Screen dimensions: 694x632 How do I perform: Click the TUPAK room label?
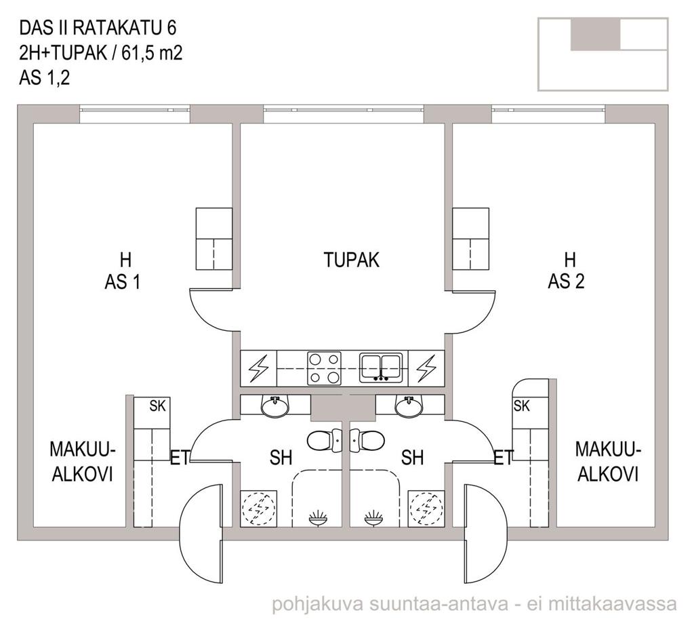(x=352, y=260)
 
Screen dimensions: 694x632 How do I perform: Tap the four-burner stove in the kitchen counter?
(x=325, y=368)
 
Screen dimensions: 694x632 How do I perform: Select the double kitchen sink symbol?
(x=381, y=368)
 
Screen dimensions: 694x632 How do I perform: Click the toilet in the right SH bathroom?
(x=367, y=441)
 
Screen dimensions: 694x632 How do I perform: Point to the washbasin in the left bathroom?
(x=275, y=406)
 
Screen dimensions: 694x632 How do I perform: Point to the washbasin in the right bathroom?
(x=409, y=406)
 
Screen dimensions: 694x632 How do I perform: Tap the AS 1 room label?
(x=123, y=282)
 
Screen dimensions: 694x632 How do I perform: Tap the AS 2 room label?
(x=566, y=281)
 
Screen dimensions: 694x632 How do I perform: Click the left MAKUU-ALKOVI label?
(x=82, y=462)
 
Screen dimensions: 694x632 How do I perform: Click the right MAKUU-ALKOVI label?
(x=608, y=462)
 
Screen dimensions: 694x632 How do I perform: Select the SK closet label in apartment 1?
(x=157, y=406)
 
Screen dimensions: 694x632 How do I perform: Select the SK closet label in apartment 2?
(x=521, y=406)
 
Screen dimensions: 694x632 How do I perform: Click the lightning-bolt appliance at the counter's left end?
(x=258, y=368)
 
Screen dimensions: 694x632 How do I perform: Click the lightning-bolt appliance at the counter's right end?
(x=426, y=368)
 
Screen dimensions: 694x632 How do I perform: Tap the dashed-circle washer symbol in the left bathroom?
(x=258, y=509)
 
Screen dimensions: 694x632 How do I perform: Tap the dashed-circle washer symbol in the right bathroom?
(x=426, y=509)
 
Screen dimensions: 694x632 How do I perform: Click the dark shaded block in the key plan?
(x=595, y=35)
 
